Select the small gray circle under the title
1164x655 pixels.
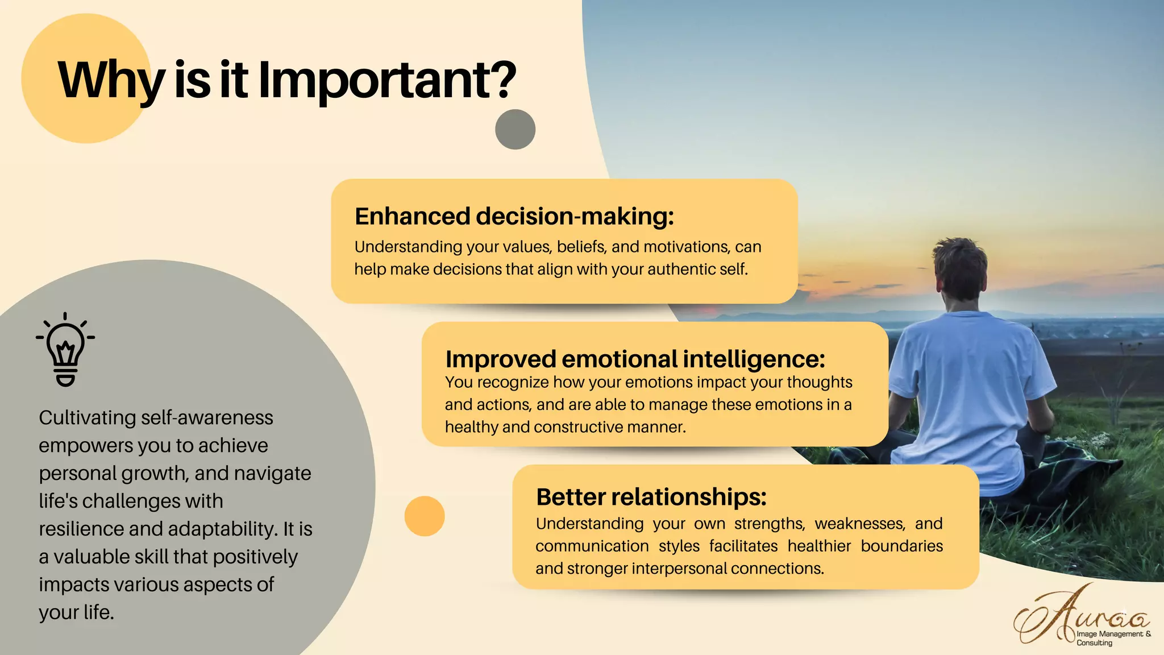point(515,130)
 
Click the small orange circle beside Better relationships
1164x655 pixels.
point(425,516)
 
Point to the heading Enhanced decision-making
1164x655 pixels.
point(514,217)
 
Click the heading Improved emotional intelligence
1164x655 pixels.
point(635,359)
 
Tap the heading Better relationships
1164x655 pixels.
point(651,498)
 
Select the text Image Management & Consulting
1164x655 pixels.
point(1112,638)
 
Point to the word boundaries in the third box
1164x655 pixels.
point(901,546)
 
